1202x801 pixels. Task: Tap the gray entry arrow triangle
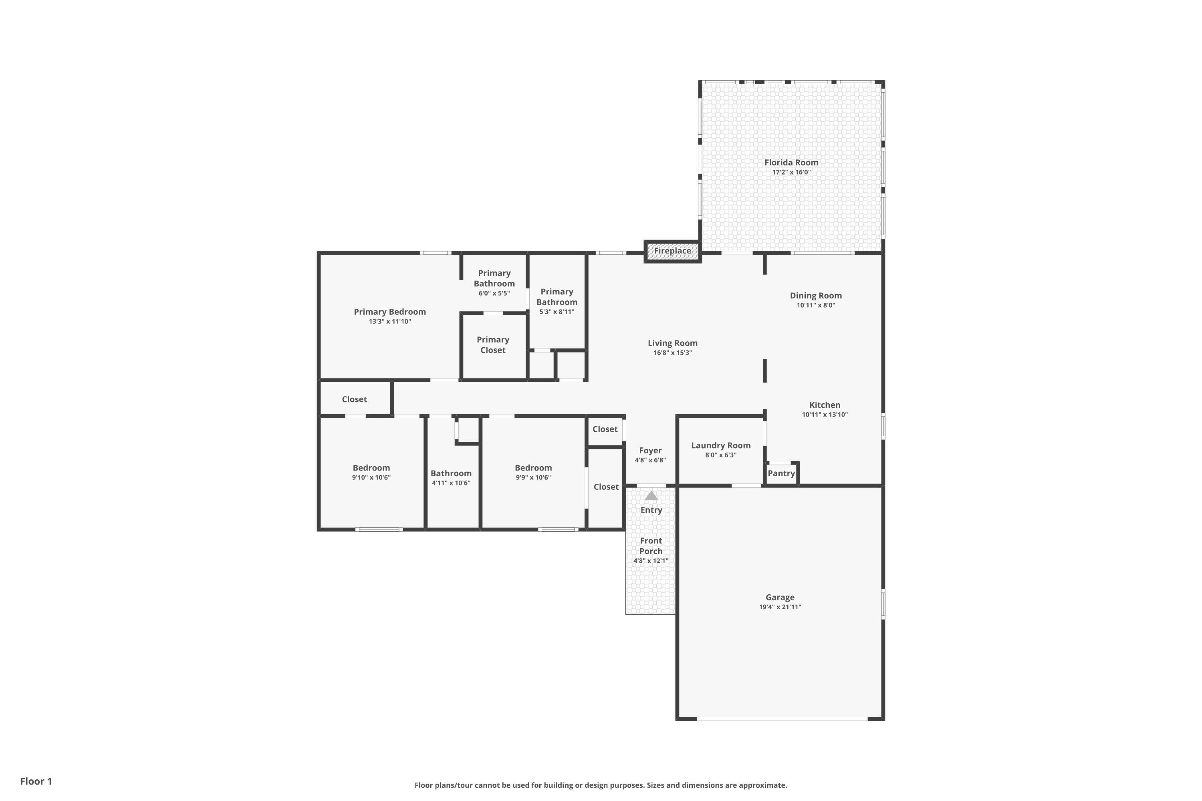(x=651, y=495)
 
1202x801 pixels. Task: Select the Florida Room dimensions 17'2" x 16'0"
(x=791, y=172)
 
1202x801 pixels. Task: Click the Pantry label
(x=781, y=473)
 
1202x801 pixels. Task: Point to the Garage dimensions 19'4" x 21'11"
(x=780, y=607)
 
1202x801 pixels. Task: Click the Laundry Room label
(x=720, y=445)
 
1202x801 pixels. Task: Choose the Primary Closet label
(x=493, y=345)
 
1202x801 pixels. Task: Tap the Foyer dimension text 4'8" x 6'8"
(x=650, y=460)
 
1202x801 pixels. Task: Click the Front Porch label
(x=651, y=545)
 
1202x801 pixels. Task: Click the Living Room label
(x=673, y=343)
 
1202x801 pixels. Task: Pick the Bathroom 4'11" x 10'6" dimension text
(x=451, y=483)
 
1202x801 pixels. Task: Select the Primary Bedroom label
(x=389, y=312)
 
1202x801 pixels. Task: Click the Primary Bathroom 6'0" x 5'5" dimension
(x=494, y=293)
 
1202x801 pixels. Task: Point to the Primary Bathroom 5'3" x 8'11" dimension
(x=557, y=312)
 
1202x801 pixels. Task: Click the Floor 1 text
(x=36, y=781)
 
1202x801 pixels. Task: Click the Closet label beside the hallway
(x=354, y=399)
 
